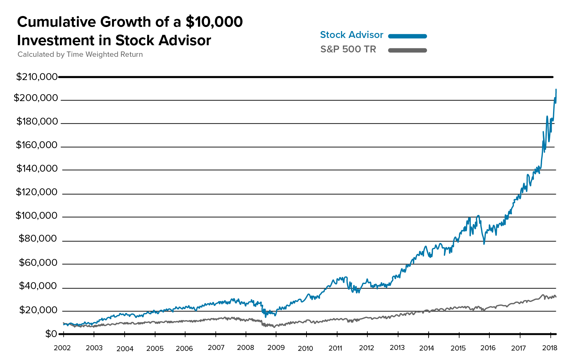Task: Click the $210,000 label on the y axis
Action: click(37, 77)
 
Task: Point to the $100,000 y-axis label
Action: click(36, 216)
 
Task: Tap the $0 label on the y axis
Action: click(51, 334)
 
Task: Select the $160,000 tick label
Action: click(37, 145)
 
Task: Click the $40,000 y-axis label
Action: click(38, 286)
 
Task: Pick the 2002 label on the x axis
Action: click(62, 348)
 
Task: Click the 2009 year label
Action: click(276, 347)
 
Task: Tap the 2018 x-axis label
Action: click(550, 348)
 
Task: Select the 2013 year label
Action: click(397, 347)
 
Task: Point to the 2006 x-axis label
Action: click(184, 348)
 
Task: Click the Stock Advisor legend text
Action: click(351, 35)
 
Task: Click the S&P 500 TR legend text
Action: click(348, 49)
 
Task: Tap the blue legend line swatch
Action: click(408, 36)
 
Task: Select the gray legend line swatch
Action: click(408, 50)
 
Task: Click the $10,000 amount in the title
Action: click(214, 22)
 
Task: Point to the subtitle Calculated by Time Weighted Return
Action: click(80, 54)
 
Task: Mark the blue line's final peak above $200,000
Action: click(556, 90)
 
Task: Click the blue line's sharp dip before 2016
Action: click(484, 243)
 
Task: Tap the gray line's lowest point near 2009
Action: click(274, 327)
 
